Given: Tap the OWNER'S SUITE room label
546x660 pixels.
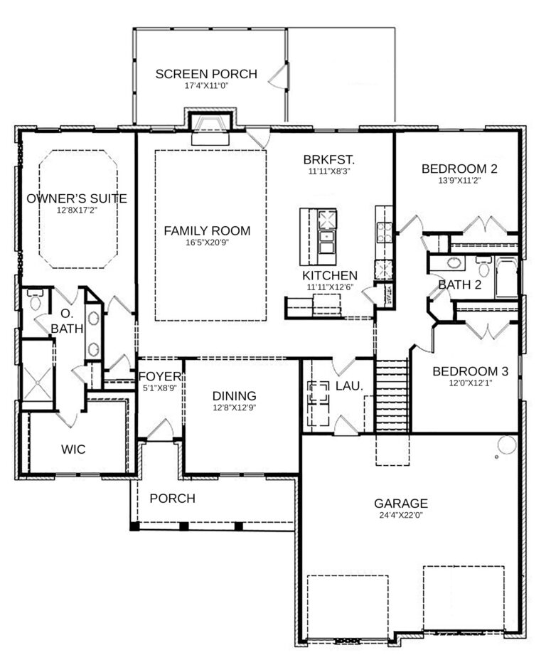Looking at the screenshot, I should [x=77, y=198].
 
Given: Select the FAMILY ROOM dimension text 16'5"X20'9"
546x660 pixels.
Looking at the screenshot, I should [x=207, y=242].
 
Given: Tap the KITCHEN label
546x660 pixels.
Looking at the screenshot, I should [x=329, y=275].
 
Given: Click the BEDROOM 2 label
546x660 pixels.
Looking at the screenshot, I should [x=459, y=169].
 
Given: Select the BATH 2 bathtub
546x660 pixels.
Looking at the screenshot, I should [x=505, y=278].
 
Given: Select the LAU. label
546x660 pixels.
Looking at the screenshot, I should [x=349, y=385].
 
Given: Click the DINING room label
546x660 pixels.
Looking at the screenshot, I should [x=234, y=396].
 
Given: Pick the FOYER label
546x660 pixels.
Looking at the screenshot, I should [x=160, y=376].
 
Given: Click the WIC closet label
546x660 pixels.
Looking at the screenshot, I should [x=74, y=449].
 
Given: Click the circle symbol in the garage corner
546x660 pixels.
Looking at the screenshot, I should [x=506, y=445].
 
